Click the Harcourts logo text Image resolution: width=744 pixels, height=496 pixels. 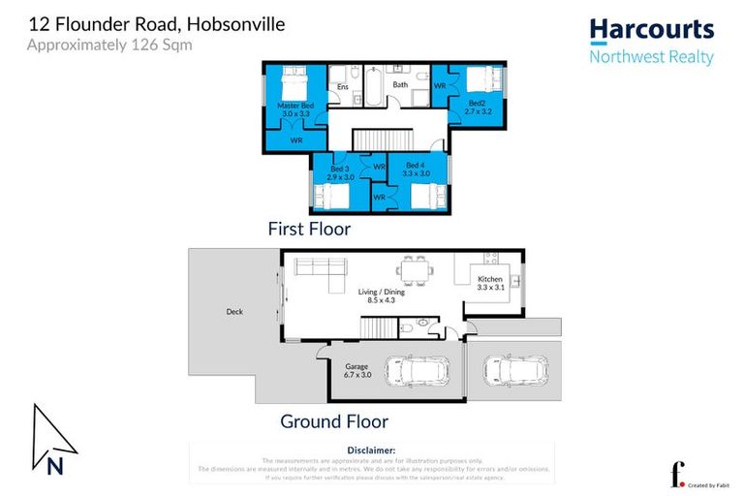point(652,30)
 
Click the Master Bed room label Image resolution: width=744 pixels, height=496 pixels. point(295,105)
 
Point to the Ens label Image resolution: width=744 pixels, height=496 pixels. point(342,87)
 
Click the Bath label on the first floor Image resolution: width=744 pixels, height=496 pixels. point(399,84)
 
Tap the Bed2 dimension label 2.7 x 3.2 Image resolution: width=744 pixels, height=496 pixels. point(479,111)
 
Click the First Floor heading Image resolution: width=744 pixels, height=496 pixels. point(309,230)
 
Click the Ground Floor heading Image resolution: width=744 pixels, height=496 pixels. point(333,421)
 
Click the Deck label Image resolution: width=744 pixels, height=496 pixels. point(234,312)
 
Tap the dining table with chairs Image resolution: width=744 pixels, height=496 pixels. point(416,269)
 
